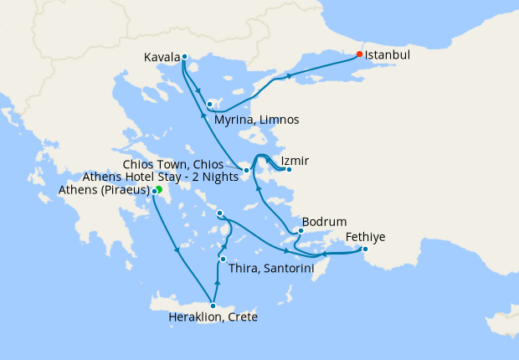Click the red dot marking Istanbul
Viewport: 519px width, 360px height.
[x=359, y=54]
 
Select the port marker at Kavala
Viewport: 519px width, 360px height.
[x=184, y=58]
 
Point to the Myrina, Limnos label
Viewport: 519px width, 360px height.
[x=256, y=120]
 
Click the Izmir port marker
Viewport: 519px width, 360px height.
[x=288, y=170]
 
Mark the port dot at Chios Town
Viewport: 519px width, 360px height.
[x=247, y=171]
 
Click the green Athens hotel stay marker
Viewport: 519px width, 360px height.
[x=159, y=190]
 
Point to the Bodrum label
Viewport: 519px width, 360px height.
[x=318, y=222]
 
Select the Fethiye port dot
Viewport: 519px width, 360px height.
[x=365, y=249]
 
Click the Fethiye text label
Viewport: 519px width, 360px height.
[x=366, y=237]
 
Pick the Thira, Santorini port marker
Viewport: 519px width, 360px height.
[x=222, y=259]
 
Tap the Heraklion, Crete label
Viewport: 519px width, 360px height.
[x=213, y=318]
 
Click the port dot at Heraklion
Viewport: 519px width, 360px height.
[x=213, y=306]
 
